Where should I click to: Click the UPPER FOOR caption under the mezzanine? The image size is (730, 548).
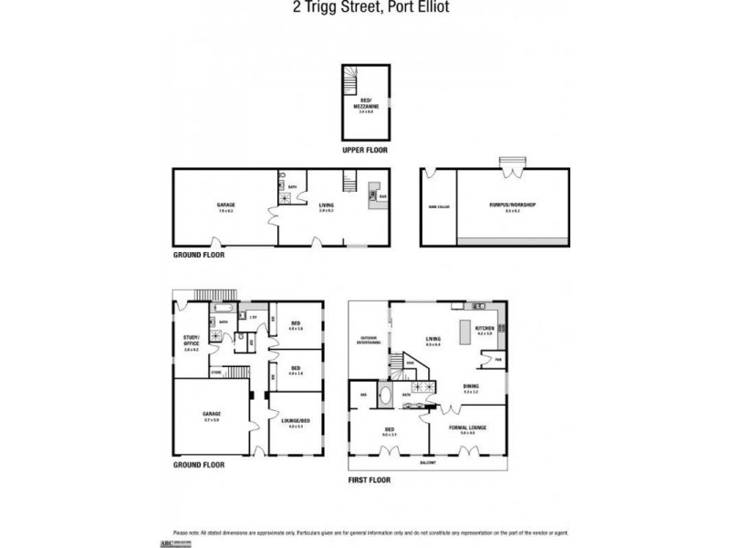(x=366, y=149)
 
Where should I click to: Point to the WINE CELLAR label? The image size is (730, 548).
(x=439, y=206)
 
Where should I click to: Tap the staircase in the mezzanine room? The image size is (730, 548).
(x=350, y=83)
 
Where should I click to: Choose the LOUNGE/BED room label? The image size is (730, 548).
(x=295, y=422)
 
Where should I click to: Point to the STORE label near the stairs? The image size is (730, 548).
(x=216, y=372)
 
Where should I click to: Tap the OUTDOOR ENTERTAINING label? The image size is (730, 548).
(x=369, y=341)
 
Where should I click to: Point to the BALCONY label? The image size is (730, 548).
(x=428, y=461)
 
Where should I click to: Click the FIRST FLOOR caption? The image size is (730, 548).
(x=370, y=478)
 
